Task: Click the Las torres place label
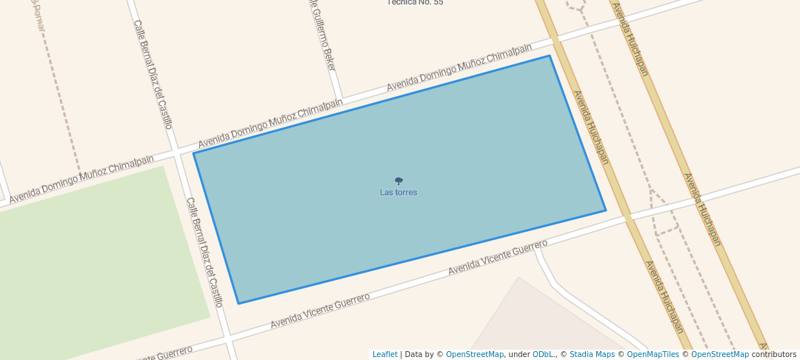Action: pyautogui.click(x=399, y=193)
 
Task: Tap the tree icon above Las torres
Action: pyautogui.click(x=399, y=181)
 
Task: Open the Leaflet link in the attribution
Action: pyautogui.click(x=384, y=354)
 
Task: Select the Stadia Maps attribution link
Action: pyautogui.click(x=591, y=354)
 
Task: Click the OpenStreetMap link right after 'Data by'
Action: pyautogui.click(x=475, y=354)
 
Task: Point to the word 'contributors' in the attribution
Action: pyautogui.click(x=773, y=354)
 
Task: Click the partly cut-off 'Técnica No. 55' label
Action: pyautogui.click(x=416, y=2)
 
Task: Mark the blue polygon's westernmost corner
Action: pyautogui.click(x=194, y=153)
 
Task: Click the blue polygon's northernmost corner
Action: pyautogui.click(x=549, y=56)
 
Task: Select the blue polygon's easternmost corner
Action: pyautogui.click(x=605, y=210)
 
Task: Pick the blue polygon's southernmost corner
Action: pyautogui.click(x=239, y=303)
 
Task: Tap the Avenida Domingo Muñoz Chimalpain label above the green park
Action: pyautogui.click(x=81, y=179)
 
